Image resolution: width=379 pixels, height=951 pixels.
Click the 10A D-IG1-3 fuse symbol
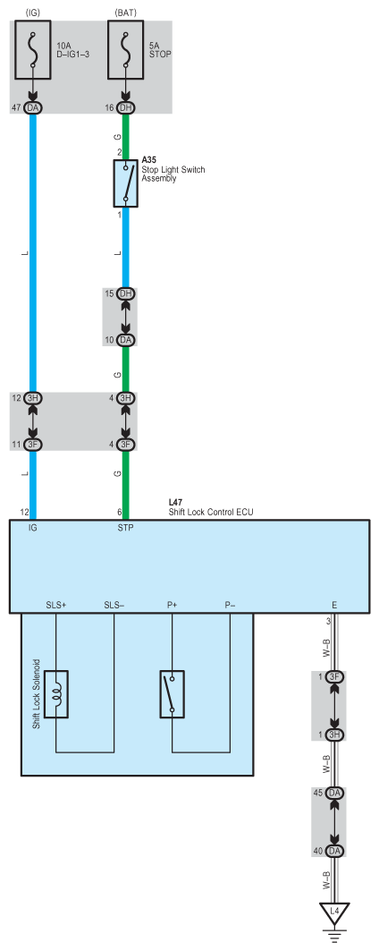click(x=33, y=50)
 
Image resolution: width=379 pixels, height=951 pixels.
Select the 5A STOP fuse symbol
click(x=125, y=50)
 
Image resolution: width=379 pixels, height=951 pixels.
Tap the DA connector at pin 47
click(x=33, y=107)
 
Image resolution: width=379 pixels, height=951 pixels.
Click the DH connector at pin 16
click(x=125, y=107)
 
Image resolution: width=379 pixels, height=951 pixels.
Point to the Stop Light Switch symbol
click(x=125, y=183)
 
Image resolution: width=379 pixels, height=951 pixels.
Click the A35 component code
click(x=148, y=159)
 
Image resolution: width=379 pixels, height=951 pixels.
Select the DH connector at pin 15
click(x=125, y=293)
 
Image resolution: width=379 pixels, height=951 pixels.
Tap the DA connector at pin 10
click(x=125, y=340)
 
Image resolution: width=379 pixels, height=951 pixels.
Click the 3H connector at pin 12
click(x=33, y=398)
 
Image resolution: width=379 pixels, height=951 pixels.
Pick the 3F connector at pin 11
click(x=33, y=445)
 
